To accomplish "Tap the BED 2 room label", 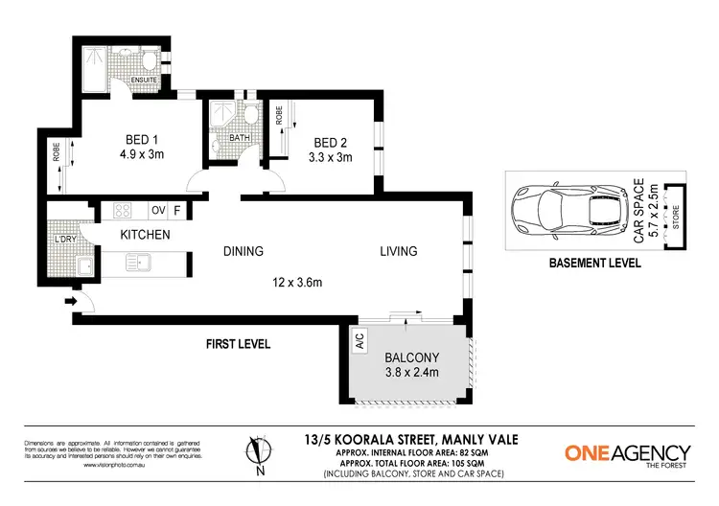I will [330, 136].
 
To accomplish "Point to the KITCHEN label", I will [145, 235].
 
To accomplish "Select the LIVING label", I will [398, 252].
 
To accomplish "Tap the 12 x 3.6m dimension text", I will [297, 283].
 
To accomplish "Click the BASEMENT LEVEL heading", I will [594, 263].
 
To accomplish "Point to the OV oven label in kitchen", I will [158, 210].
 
